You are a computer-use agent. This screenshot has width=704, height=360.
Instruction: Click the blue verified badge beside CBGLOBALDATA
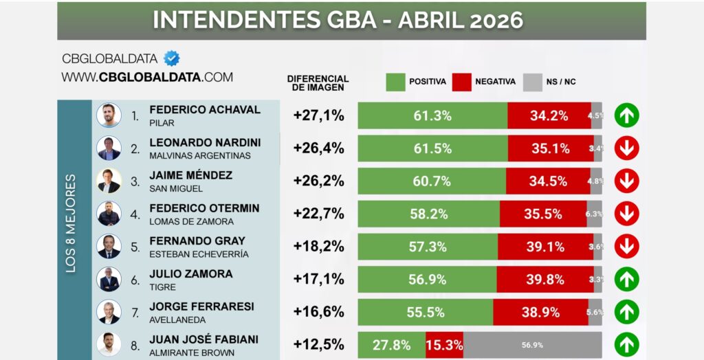click(171, 58)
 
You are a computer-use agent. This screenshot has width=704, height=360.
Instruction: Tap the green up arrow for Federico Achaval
click(626, 115)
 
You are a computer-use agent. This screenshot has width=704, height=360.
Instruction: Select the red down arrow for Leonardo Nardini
click(626, 148)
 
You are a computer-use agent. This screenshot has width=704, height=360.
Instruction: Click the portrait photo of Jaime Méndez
click(109, 181)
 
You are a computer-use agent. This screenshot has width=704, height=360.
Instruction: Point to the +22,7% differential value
click(318, 214)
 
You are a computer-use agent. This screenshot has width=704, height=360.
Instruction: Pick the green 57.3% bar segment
click(428, 247)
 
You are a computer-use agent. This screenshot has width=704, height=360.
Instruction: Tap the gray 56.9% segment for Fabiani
click(533, 345)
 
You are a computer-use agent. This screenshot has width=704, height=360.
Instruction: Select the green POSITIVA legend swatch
click(395, 82)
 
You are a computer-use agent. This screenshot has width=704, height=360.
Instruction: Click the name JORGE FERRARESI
click(191, 306)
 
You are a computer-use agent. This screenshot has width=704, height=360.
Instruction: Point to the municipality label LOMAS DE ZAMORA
click(191, 221)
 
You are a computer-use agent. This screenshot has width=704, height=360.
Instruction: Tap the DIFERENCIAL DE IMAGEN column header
click(318, 82)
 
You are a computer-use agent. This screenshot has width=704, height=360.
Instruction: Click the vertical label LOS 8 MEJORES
click(71, 223)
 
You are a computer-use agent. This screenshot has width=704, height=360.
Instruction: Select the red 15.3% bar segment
click(444, 345)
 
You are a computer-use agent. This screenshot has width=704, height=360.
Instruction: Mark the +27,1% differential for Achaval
click(318, 115)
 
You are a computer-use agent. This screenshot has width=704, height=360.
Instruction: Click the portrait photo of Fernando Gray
click(109, 247)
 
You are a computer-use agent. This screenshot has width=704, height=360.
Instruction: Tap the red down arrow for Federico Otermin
click(626, 214)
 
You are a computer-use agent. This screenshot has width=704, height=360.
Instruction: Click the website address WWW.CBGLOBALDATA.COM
click(147, 77)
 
